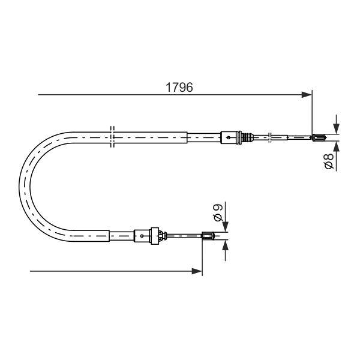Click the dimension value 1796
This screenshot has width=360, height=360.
(x=179, y=87)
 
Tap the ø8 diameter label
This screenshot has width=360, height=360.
(x=329, y=161)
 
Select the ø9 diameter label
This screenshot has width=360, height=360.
(x=218, y=212)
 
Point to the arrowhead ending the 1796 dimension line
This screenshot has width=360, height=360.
(x=307, y=95)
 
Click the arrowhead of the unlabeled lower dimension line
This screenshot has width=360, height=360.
(x=197, y=271)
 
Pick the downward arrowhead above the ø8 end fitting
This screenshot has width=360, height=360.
(x=337, y=128)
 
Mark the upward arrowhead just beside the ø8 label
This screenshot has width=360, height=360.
(x=337, y=146)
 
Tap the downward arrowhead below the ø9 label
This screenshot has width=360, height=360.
(x=226, y=227)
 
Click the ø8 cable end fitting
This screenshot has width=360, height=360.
(x=319, y=137)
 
